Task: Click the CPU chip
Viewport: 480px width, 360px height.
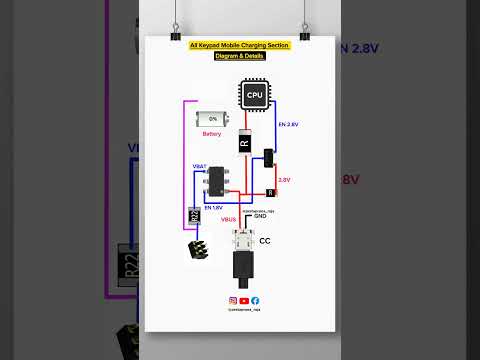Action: pyautogui.click(x=253, y=96)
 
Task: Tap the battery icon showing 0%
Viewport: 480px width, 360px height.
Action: pyautogui.click(x=212, y=119)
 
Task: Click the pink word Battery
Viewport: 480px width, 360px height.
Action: pyautogui.click(x=212, y=133)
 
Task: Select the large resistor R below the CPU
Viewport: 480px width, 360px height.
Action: pyautogui.click(x=243, y=143)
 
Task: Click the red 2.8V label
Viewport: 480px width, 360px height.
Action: pyautogui.click(x=284, y=180)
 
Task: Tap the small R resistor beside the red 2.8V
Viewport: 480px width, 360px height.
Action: pyautogui.click(x=271, y=192)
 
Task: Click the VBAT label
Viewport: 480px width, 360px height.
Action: pyautogui.click(x=199, y=166)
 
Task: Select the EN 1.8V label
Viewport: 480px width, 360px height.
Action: pyautogui.click(x=213, y=206)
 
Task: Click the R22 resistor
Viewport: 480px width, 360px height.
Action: pyautogui.click(x=194, y=215)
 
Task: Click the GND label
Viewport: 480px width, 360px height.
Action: pyautogui.click(x=260, y=216)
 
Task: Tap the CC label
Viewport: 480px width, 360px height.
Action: pyautogui.click(x=265, y=241)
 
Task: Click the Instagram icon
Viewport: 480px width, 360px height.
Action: pyautogui.click(x=233, y=300)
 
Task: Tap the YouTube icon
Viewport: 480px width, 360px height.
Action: pyautogui.click(x=244, y=300)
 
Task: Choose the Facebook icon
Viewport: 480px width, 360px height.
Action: pyautogui.click(x=255, y=300)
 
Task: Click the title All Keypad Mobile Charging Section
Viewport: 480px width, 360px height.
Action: pyautogui.click(x=239, y=46)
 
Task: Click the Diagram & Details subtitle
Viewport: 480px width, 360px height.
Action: pyautogui.click(x=239, y=56)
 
